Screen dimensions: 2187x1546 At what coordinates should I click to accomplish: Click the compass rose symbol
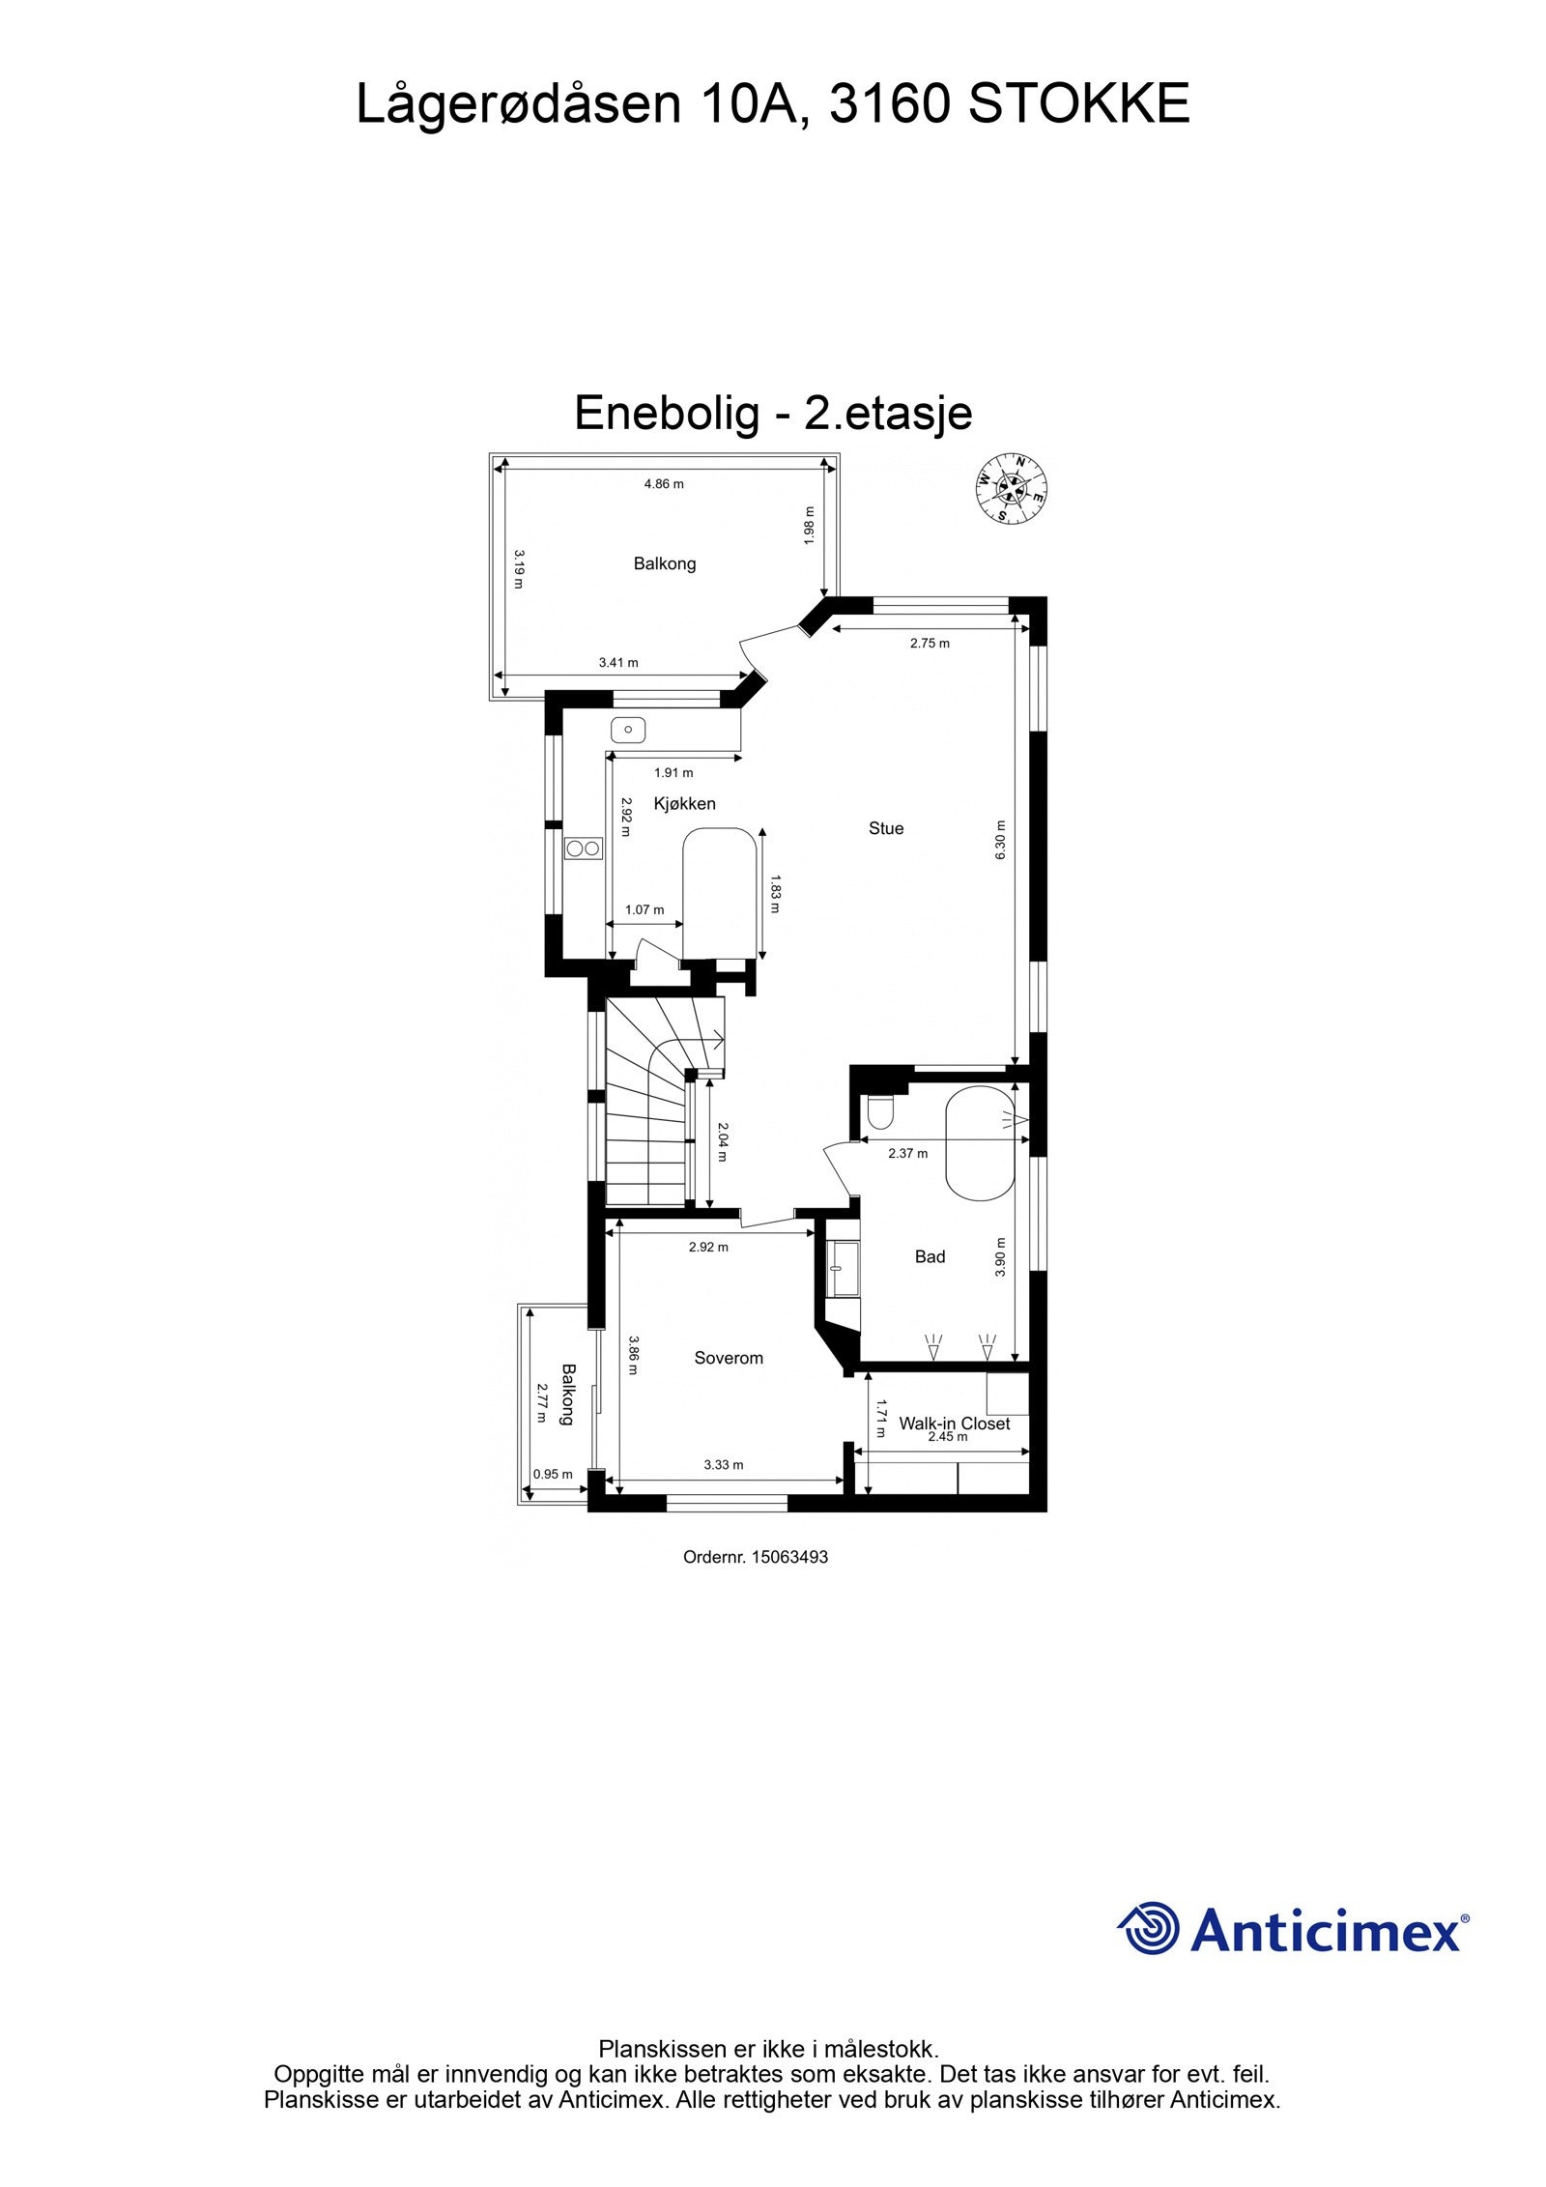click(x=1011, y=487)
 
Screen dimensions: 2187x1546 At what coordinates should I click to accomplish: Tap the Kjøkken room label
click(x=684, y=803)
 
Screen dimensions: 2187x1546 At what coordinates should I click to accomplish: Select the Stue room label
click(x=885, y=828)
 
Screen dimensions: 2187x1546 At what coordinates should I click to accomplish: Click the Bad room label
click(x=930, y=1256)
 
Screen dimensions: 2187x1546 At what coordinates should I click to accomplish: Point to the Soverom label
click(x=729, y=1358)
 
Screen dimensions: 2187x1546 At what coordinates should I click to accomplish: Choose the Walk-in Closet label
click(x=954, y=1424)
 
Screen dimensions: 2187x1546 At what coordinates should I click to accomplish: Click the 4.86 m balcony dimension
click(x=664, y=484)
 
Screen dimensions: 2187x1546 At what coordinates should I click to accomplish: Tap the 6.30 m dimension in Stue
click(x=1000, y=840)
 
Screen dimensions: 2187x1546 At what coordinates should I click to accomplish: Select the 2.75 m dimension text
click(x=930, y=643)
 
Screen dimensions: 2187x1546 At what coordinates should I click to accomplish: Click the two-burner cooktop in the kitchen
click(x=584, y=849)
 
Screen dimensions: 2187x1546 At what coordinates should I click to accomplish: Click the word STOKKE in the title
click(x=1078, y=104)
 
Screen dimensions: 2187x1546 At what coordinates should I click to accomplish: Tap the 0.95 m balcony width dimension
click(x=553, y=1475)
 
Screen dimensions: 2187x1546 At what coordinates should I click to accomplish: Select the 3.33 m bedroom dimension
click(x=723, y=1465)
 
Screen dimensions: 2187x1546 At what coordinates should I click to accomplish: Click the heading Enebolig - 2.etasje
click(x=773, y=414)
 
